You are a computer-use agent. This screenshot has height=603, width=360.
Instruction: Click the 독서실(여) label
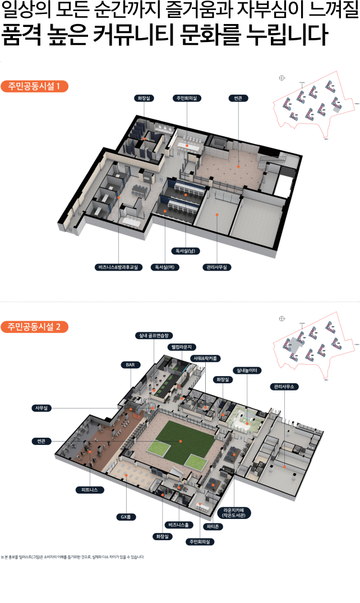pos(168,267)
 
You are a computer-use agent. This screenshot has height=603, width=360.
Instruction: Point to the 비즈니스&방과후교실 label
pos(119,267)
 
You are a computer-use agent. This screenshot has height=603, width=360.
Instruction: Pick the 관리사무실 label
pos(217,267)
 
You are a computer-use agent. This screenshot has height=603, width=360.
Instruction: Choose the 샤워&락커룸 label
pos(206,358)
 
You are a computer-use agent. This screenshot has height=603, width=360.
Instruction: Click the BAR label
pos(130,365)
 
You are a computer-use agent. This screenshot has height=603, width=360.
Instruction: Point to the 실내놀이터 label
pos(247,370)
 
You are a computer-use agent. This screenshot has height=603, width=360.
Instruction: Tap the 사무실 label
pos(41,408)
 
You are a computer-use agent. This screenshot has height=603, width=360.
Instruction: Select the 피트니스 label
pos(90,490)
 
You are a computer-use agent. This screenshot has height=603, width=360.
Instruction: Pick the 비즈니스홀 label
pos(179,525)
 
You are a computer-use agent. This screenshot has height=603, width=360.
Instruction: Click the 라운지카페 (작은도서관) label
pos(235,512)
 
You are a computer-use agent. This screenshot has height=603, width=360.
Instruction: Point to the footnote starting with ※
pos(73,557)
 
